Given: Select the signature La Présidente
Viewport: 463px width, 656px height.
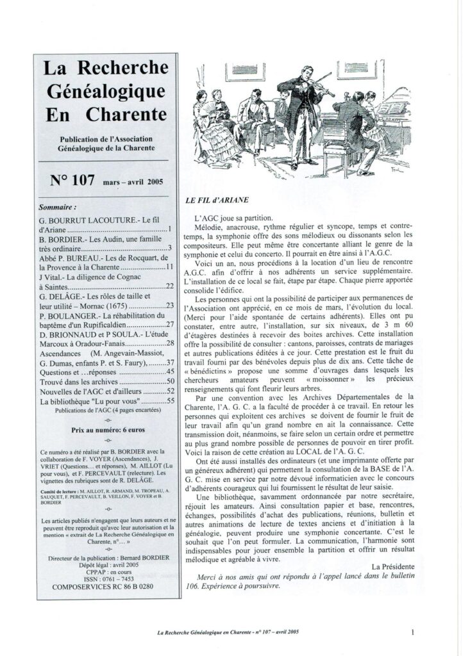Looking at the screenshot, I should (x=392, y=566).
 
